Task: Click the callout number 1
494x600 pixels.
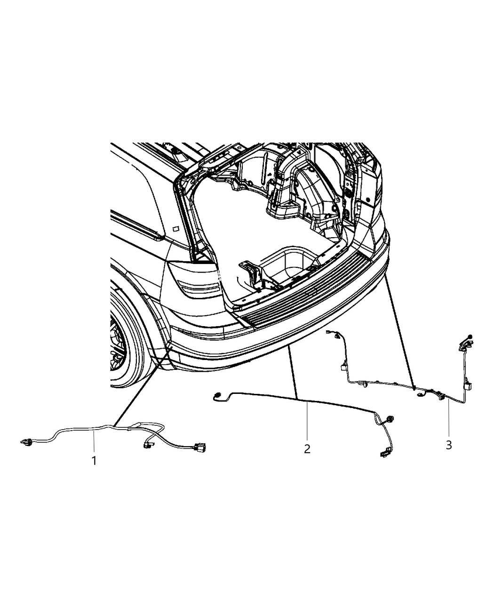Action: point(94,460)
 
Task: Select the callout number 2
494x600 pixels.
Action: point(307,448)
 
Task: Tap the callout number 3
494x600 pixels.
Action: point(448,444)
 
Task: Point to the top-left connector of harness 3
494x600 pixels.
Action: point(335,335)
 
